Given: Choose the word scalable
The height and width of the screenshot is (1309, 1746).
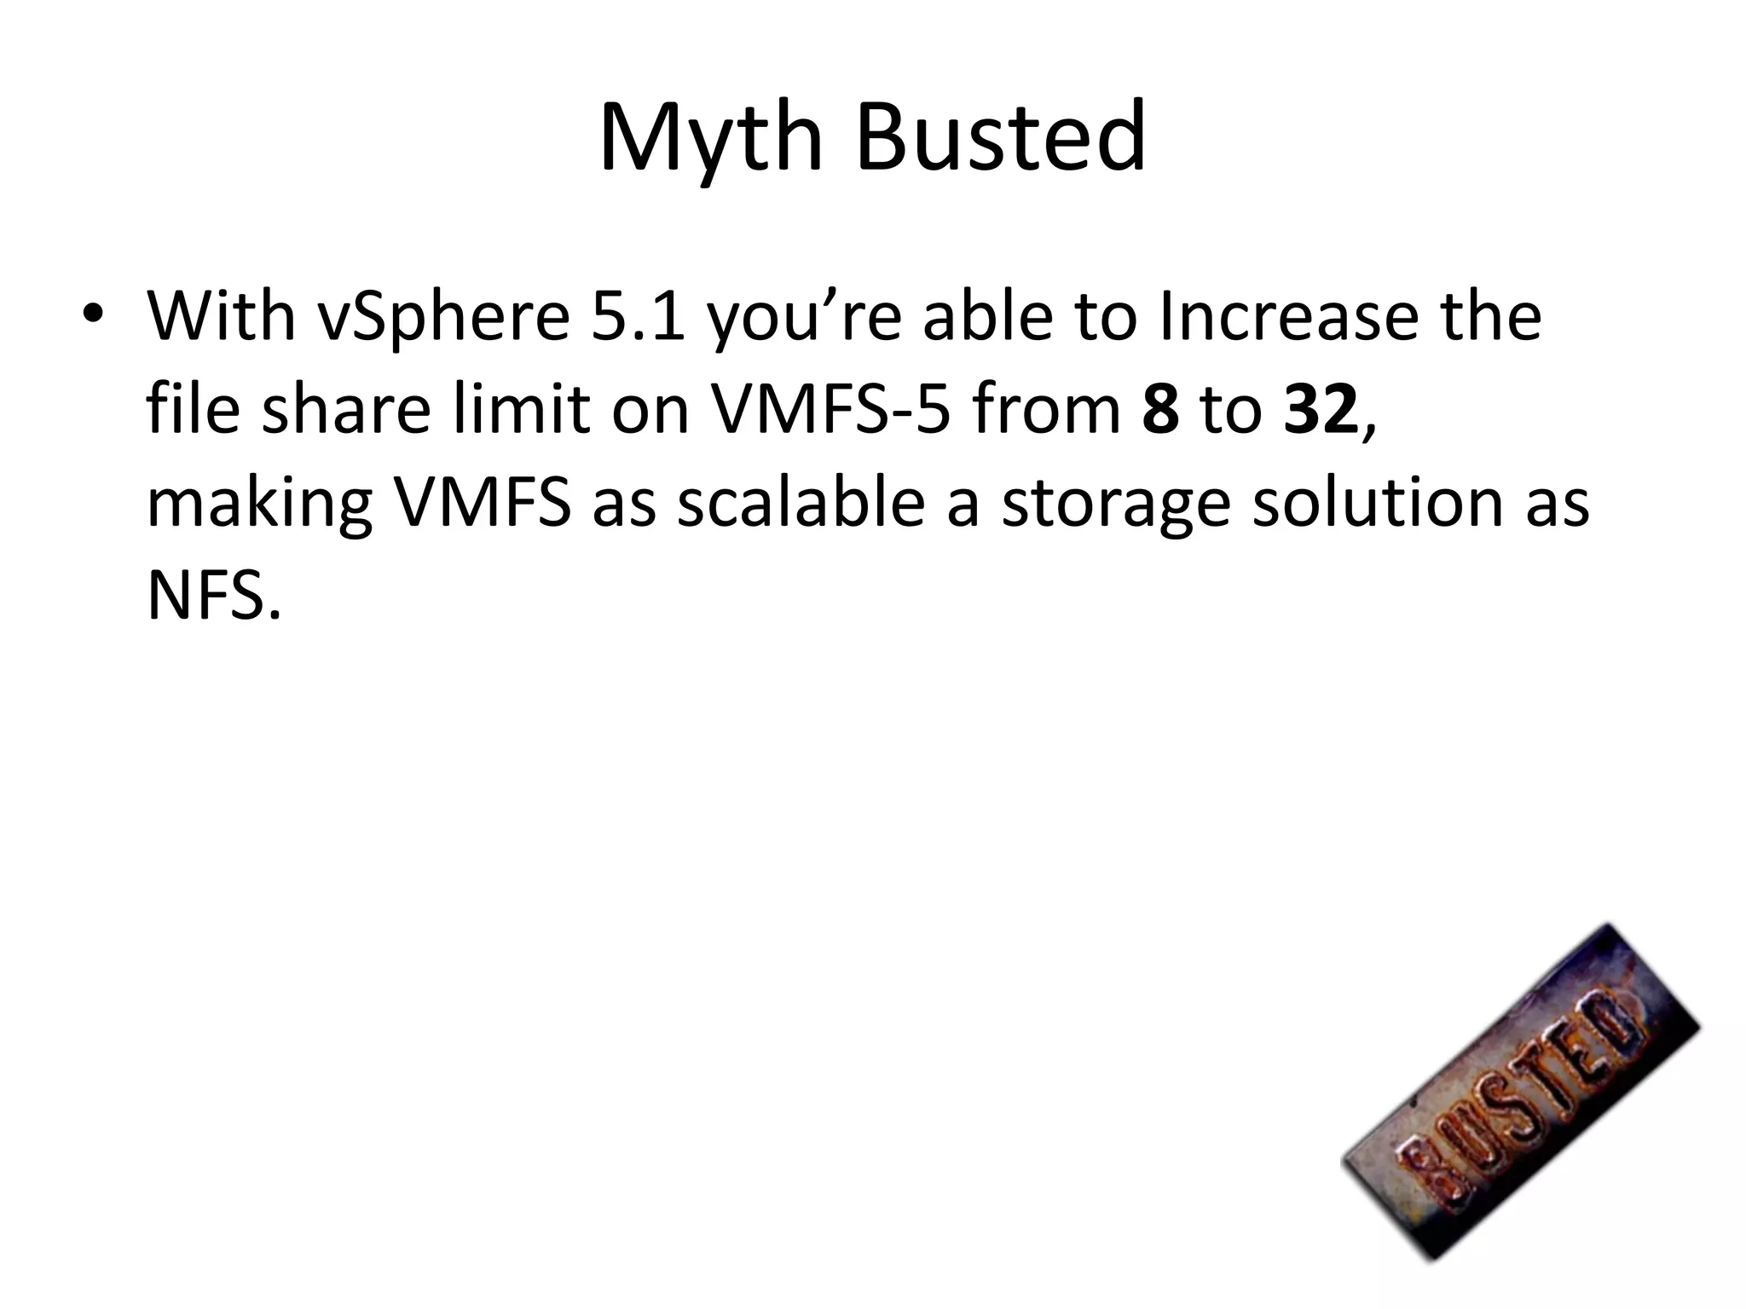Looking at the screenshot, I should click(801, 503).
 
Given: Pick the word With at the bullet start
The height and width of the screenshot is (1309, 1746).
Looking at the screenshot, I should click(221, 317).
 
